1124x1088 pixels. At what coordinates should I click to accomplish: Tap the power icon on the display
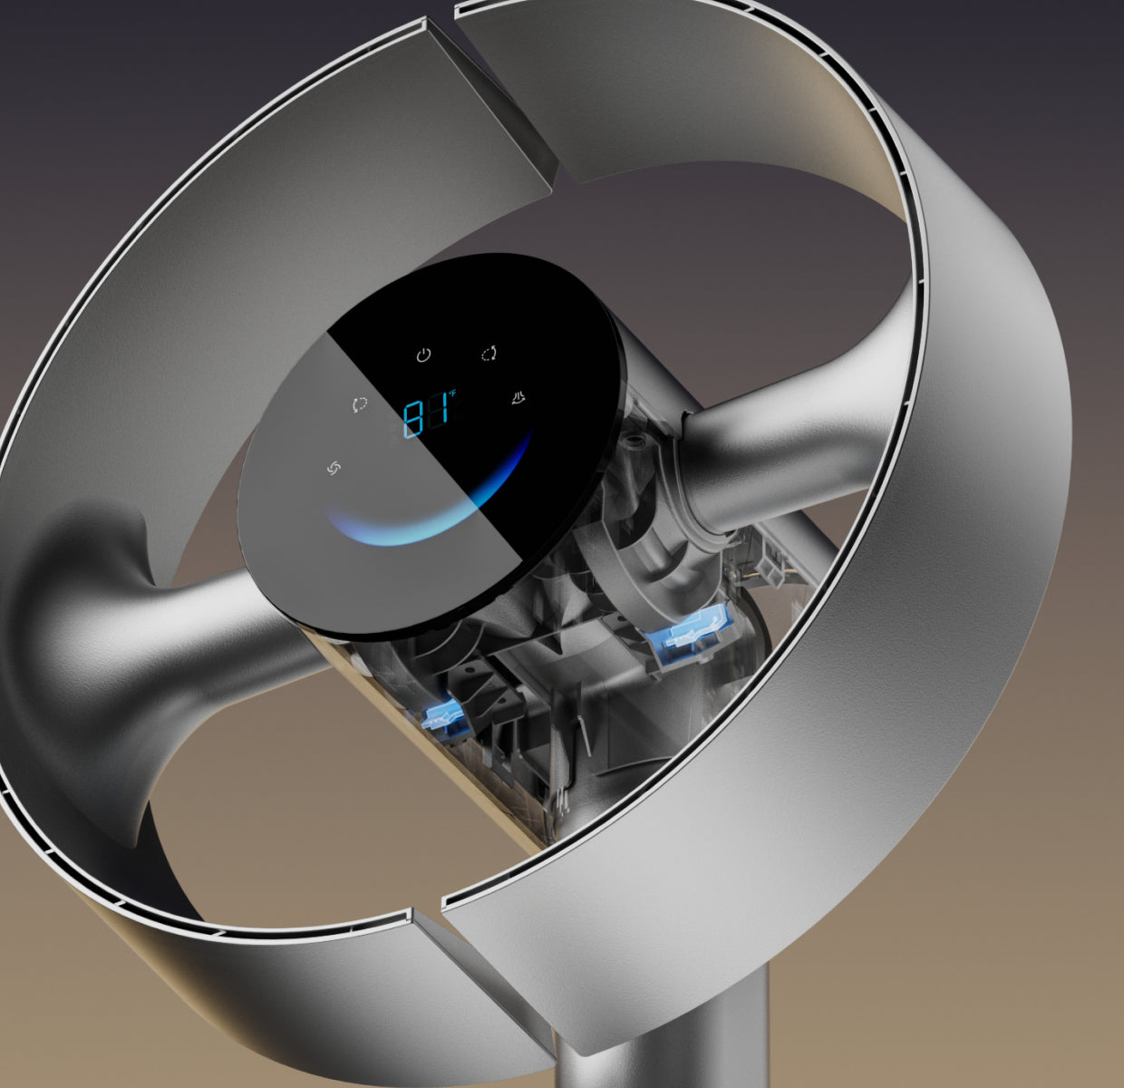click(x=423, y=355)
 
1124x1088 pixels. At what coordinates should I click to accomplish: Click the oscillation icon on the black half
click(x=489, y=353)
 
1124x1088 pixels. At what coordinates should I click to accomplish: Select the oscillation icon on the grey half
click(x=360, y=404)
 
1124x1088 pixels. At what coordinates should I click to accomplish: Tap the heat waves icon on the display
click(x=518, y=397)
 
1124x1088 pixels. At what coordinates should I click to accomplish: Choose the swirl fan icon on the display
click(x=334, y=468)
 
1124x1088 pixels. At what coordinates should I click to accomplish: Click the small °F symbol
click(x=452, y=393)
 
